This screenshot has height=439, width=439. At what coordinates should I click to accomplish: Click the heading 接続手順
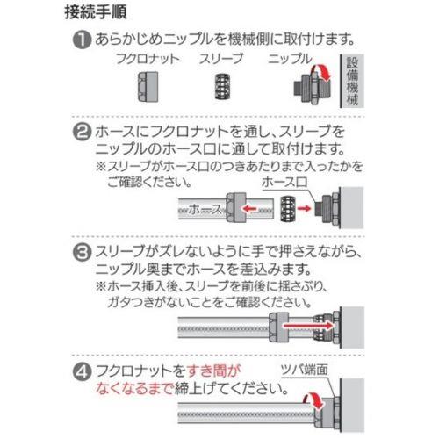[x=96, y=13]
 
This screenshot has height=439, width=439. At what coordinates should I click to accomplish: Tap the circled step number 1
[x=82, y=40]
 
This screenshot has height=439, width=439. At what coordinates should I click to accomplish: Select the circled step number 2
[x=82, y=133]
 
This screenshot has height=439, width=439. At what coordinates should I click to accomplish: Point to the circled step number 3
[x=82, y=253]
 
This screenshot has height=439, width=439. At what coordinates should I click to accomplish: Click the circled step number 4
[x=82, y=372]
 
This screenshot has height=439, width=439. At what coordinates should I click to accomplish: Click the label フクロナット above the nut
[x=148, y=59]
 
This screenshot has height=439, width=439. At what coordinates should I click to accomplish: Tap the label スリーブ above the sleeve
[x=221, y=59]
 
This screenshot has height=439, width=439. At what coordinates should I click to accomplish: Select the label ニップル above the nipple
[x=290, y=59]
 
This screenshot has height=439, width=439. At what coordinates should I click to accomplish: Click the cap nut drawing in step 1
[x=148, y=87]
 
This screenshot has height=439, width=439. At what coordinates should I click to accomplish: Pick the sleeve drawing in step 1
[x=222, y=87]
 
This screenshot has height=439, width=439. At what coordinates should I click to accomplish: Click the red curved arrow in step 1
[x=323, y=71]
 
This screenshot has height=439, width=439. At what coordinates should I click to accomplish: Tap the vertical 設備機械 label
[x=352, y=81]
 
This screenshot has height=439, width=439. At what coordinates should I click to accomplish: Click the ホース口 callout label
[x=284, y=183]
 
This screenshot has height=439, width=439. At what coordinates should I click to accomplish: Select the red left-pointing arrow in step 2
[x=248, y=209]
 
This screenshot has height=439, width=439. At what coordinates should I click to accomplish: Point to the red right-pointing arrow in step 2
[x=304, y=208]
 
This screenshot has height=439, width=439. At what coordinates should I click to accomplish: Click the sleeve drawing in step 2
[x=288, y=208]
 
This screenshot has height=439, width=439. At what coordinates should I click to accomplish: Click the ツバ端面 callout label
[x=305, y=370]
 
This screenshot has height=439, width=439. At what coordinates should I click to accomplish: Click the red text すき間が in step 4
[x=213, y=371]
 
